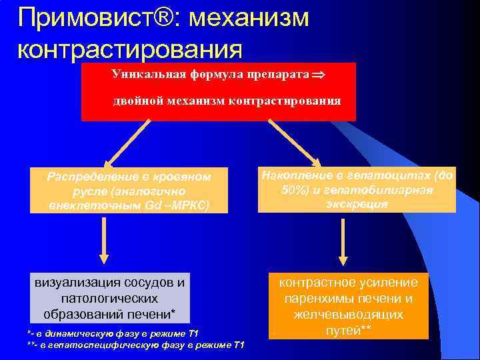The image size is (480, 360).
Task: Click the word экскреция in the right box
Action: click(x=357, y=204)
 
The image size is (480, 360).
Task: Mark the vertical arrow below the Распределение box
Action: click(x=104, y=241)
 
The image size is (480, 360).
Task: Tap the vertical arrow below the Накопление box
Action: click(x=342, y=241)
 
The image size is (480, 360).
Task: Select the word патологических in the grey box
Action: click(x=109, y=298)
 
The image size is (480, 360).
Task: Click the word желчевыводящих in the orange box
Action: click(x=349, y=314)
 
